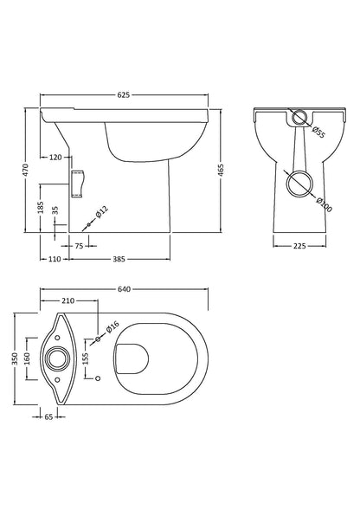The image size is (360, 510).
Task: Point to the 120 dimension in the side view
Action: (56, 158)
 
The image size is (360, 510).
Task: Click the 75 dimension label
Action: (79, 246)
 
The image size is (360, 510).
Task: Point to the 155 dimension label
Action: (86, 357)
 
